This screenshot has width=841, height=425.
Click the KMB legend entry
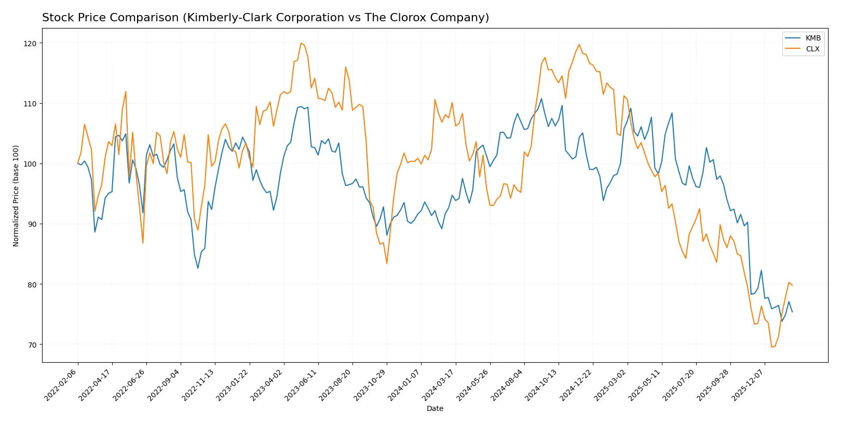[812, 38]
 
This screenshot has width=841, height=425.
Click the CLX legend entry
[812, 49]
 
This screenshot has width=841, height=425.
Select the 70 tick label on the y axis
[32, 345]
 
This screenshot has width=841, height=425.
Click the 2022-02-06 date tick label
[61, 385]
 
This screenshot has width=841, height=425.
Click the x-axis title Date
[435, 408]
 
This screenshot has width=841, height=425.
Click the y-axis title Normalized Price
[16, 196]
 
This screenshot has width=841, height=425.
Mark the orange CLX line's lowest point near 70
[771, 347]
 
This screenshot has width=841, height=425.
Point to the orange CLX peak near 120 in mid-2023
[301, 43]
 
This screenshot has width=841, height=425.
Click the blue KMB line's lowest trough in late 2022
[198, 268]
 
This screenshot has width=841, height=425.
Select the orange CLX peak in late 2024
[579, 45]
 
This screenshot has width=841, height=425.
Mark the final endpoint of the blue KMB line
[792, 312]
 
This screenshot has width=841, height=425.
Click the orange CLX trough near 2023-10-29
[387, 263]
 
